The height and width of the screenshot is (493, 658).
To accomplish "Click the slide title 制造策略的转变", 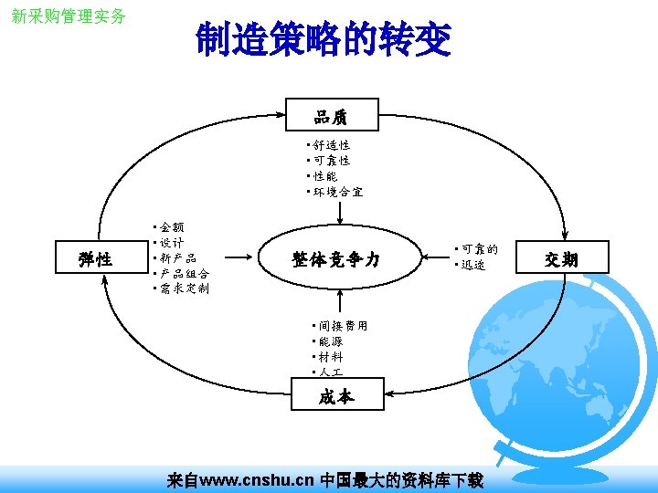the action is click(x=323, y=40).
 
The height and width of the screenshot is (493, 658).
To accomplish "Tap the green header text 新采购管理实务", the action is click(x=69, y=16).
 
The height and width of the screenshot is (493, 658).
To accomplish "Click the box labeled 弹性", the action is click(x=96, y=259).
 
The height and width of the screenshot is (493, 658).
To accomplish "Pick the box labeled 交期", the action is click(x=561, y=259).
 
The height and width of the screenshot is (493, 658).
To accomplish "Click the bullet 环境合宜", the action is click(x=337, y=193).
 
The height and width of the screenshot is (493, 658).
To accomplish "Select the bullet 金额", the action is click(x=171, y=226).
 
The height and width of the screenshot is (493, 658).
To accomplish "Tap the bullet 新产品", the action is click(x=177, y=257).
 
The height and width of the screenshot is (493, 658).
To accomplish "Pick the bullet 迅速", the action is click(x=472, y=265).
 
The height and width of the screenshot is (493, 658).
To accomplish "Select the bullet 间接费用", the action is click(x=343, y=325).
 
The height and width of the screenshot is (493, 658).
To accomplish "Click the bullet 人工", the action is click(x=330, y=372).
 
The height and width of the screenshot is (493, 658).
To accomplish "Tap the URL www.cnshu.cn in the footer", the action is click(x=257, y=479).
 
